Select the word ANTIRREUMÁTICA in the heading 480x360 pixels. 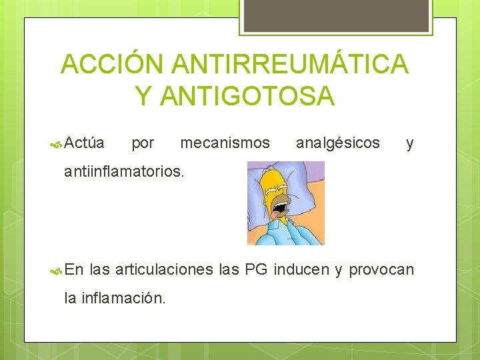click(290, 65)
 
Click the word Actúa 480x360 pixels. click(85, 143)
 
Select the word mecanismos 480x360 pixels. click(225, 143)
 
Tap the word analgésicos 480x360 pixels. click(337, 143)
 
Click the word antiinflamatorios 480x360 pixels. click(123, 172)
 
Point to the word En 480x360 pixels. click(74, 269)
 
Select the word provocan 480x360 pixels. click(381, 271)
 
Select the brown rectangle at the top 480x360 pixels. click(336, 15)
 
